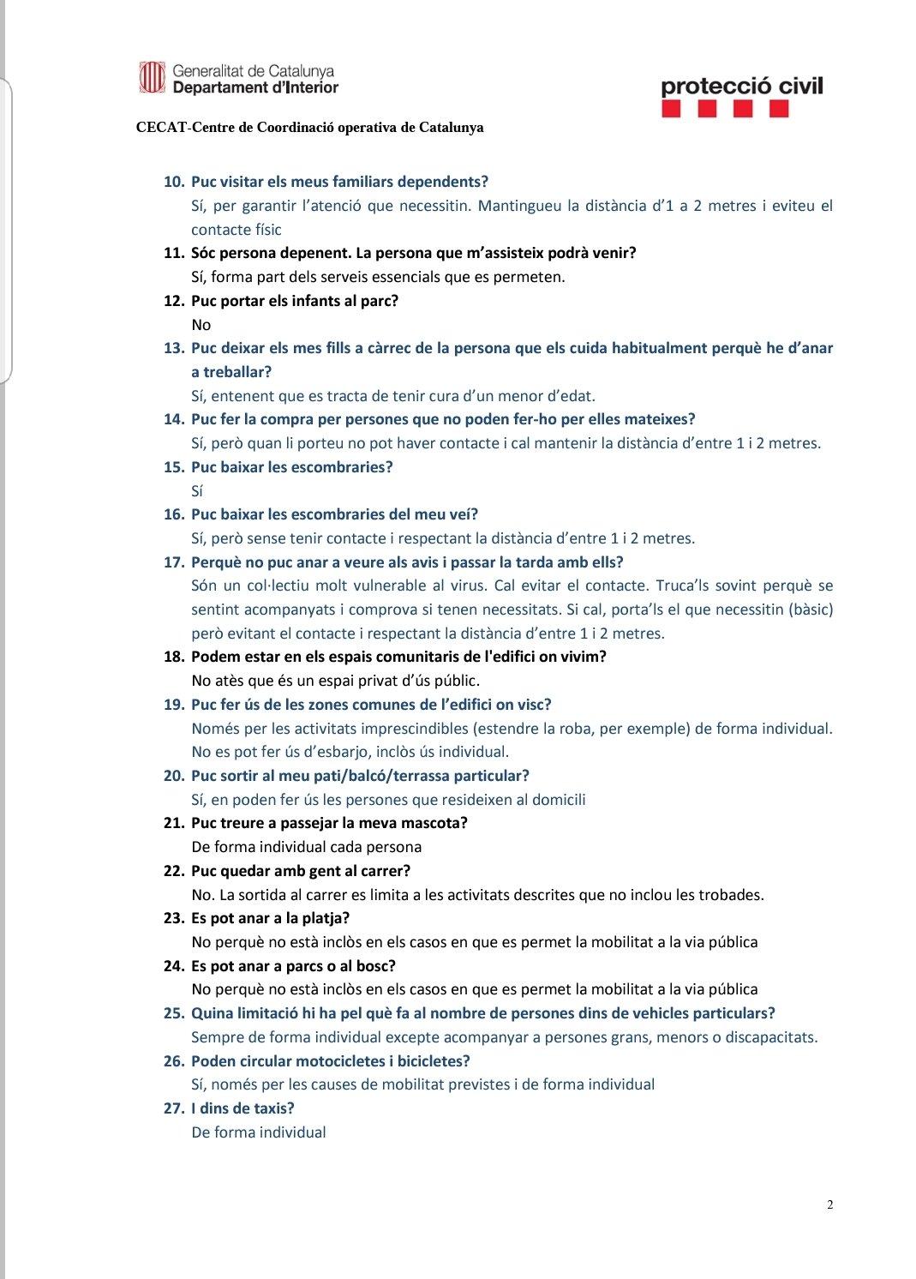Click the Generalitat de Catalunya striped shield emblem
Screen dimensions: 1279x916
point(152,78)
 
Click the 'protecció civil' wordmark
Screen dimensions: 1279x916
point(741,86)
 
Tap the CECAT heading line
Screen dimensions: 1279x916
point(309,128)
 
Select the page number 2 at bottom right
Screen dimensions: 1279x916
point(829,1204)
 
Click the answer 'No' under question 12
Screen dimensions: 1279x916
point(201,325)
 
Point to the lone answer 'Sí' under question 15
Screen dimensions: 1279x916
point(197,491)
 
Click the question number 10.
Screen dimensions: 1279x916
point(174,182)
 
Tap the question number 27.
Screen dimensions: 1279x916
point(174,1108)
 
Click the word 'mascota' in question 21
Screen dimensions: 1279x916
point(434,823)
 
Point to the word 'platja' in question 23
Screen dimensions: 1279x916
point(320,918)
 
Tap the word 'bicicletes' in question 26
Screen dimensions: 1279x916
point(424,1061)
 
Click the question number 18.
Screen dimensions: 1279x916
point(174,657)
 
